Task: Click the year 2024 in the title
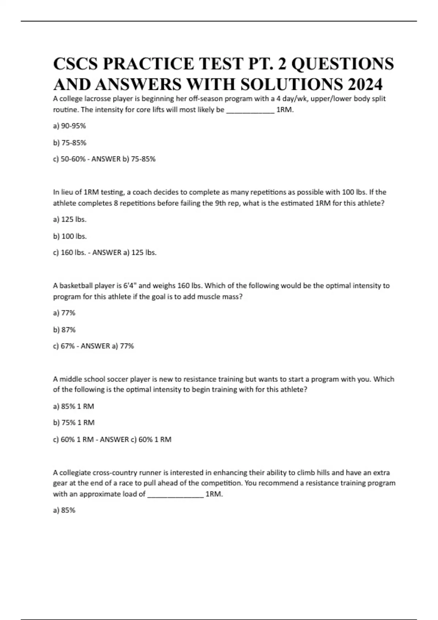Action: point(365,84)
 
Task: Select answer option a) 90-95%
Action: point(69,126)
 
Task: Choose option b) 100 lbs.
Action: point(70,236)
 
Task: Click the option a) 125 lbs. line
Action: point(70,219)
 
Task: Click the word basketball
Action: point(76,286)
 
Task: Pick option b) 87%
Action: point(64,329)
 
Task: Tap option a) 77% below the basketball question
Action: point(64,313)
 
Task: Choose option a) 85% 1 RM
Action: point(73,406)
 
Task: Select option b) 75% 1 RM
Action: point(74,422)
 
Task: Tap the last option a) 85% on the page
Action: point(64,510)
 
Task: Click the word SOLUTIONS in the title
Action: point(292,84)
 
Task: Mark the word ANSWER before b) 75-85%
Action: point(106,159)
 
